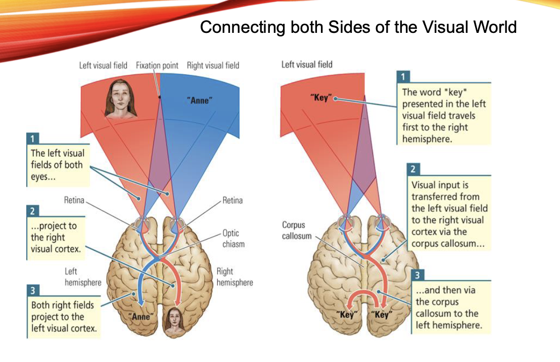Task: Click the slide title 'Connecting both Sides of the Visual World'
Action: (x=358, y=26)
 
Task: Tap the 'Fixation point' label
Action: (x=157, y=65)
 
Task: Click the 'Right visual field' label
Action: (x=213, y=65)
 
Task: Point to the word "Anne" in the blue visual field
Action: (x=201, y=100)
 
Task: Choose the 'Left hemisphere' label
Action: (x=82, y=277)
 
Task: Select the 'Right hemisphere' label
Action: (x=235, y=277)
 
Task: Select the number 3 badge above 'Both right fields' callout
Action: (x=33, y=290)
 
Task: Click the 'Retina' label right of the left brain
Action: (x=232, y=200)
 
